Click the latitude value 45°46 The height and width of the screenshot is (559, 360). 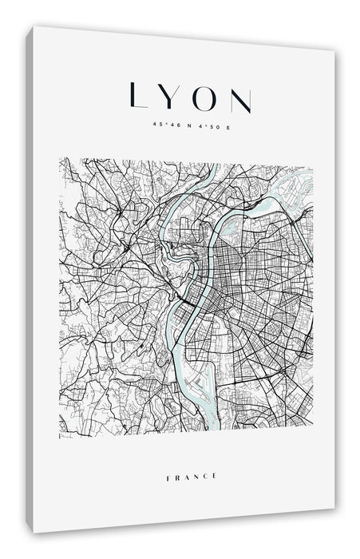162,125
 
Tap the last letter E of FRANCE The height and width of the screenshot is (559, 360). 215,477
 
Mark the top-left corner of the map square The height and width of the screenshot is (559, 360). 60,158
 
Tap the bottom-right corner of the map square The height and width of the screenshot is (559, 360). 313,437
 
